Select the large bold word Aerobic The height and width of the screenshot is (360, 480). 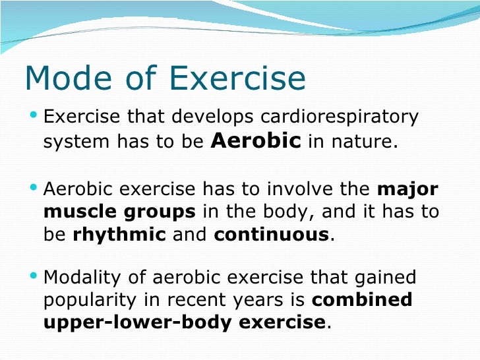(257, 140)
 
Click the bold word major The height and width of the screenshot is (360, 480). (407, 190)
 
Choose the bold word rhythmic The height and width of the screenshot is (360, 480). (119, 235)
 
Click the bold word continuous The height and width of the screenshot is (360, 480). (270, 235)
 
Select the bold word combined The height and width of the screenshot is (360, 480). (361, 300)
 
